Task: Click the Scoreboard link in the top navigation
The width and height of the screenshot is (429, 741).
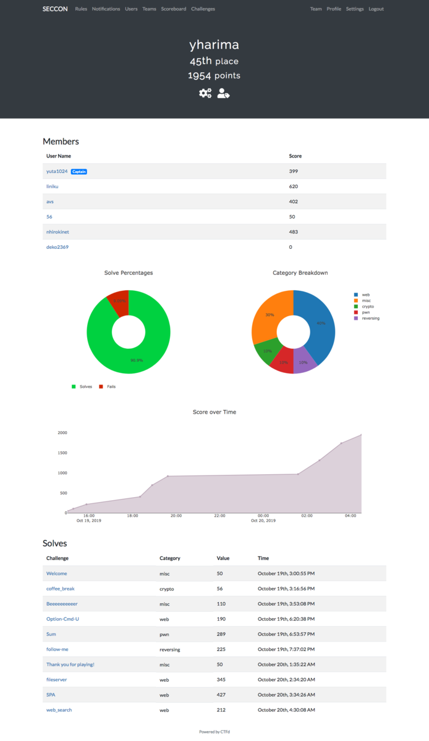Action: [x=173, y=9]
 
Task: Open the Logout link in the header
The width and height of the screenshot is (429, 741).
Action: [x=376, y=9]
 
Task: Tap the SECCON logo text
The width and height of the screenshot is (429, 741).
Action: [x=55, y=9]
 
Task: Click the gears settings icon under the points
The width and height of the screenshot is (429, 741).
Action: [x=205, y=93]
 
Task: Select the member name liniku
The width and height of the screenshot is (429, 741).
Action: [x=53, y=186]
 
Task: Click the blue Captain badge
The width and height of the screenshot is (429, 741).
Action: [x=79, y=172]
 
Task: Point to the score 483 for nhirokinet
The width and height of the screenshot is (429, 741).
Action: [x=294, y=232]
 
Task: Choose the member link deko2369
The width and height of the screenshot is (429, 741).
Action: [x=57, y=247]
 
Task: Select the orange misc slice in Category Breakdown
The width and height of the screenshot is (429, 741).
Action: [x=267, y=315]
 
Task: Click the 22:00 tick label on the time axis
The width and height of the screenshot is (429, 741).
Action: [x=219, y=516]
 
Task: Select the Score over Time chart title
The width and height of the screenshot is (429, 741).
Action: [x=214, y=412]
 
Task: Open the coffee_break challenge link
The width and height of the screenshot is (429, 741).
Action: [x=60, y=589]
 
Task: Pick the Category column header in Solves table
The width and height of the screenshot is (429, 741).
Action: [x=170, y=558]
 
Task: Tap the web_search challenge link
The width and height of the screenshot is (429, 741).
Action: [x=59, y=710]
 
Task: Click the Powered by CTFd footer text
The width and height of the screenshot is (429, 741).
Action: [x=214, y=732]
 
